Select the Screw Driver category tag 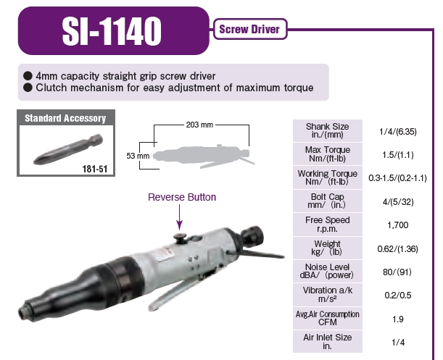pyautogui.click(x=249, y=30)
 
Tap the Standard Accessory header pyautogui.click(x=65, y=118)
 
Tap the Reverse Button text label pyautogui.click(x=182, y=197)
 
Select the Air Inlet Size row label pyautogui.click(x=327, y=341)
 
